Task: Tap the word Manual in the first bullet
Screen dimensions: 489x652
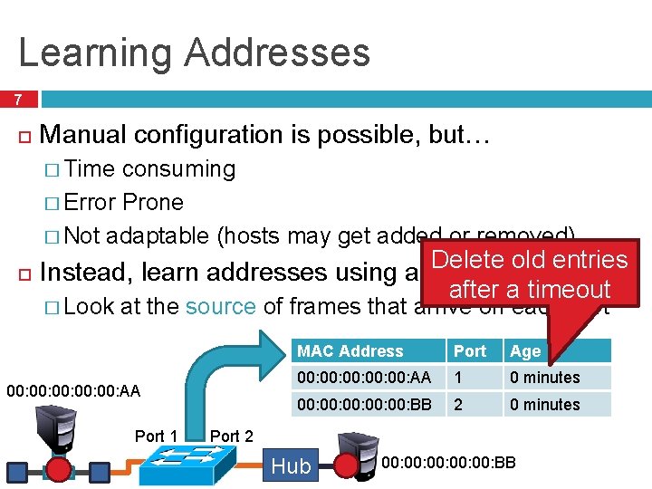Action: pos(82,135)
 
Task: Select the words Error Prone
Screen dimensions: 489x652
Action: pos(124,202)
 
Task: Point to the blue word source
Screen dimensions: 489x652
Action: pos(220,306)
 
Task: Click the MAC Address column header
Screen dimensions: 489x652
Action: pos(350,351)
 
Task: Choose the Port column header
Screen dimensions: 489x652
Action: pos(470,351)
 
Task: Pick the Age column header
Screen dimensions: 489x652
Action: pos(525,351)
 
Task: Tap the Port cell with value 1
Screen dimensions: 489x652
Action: pos(458,378)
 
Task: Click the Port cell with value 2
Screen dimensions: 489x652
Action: pos(458,405)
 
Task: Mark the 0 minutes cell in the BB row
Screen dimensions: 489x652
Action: pos(544,405)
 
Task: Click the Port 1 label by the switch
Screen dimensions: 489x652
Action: pos(156,436)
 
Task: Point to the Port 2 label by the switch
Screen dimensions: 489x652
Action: pos(232,436)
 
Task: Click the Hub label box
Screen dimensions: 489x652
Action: pos(291,465)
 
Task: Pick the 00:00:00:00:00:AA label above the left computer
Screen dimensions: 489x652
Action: pos(73,391)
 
